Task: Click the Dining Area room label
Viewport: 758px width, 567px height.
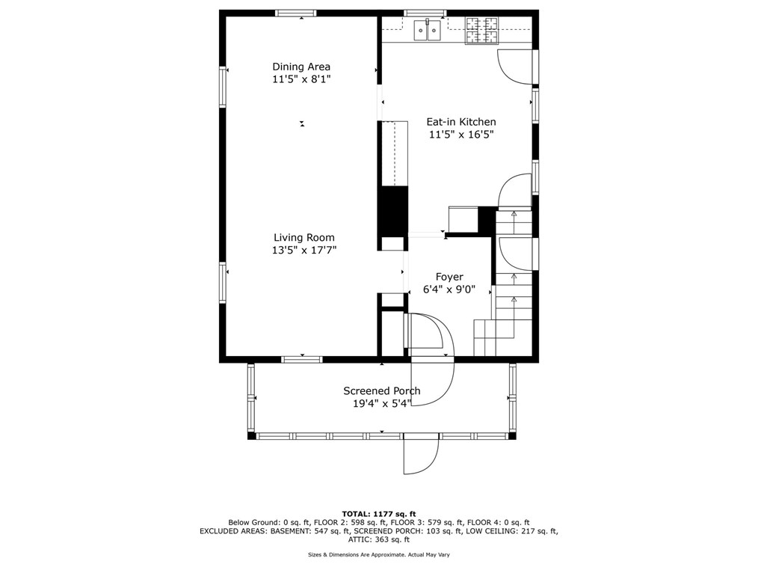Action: click(x=301, y=67)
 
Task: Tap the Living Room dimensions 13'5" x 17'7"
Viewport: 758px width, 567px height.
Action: click(x=304, y=250)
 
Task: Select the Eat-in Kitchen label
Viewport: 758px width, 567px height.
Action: click(x=461, y=122)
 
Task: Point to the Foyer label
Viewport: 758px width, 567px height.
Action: click(x=449, y=278)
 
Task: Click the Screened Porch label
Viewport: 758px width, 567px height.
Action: click(x=382, y=391)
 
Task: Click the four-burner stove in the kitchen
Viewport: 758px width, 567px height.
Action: click(x=482, y=31)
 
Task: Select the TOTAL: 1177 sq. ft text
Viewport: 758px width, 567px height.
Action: click(x=379, y=514)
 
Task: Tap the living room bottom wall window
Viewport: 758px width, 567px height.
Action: click(x=302, y=359)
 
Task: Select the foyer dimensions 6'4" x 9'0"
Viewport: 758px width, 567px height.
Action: click(x=449, y=289)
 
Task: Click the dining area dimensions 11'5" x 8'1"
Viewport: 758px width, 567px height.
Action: click(x=301, y=79)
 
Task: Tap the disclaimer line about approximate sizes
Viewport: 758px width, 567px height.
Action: click(x=379, y=555)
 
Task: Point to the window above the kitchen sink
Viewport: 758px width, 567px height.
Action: click(x=425, y=13)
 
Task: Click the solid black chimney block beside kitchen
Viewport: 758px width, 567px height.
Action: click(x=392, y=211)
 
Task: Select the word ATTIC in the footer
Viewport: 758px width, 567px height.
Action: click(x=358, y=539)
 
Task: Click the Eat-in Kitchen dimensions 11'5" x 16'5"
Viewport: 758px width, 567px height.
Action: click(x=461, y=135)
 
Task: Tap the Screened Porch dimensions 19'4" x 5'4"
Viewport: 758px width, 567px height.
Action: click(x=382, y=403)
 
